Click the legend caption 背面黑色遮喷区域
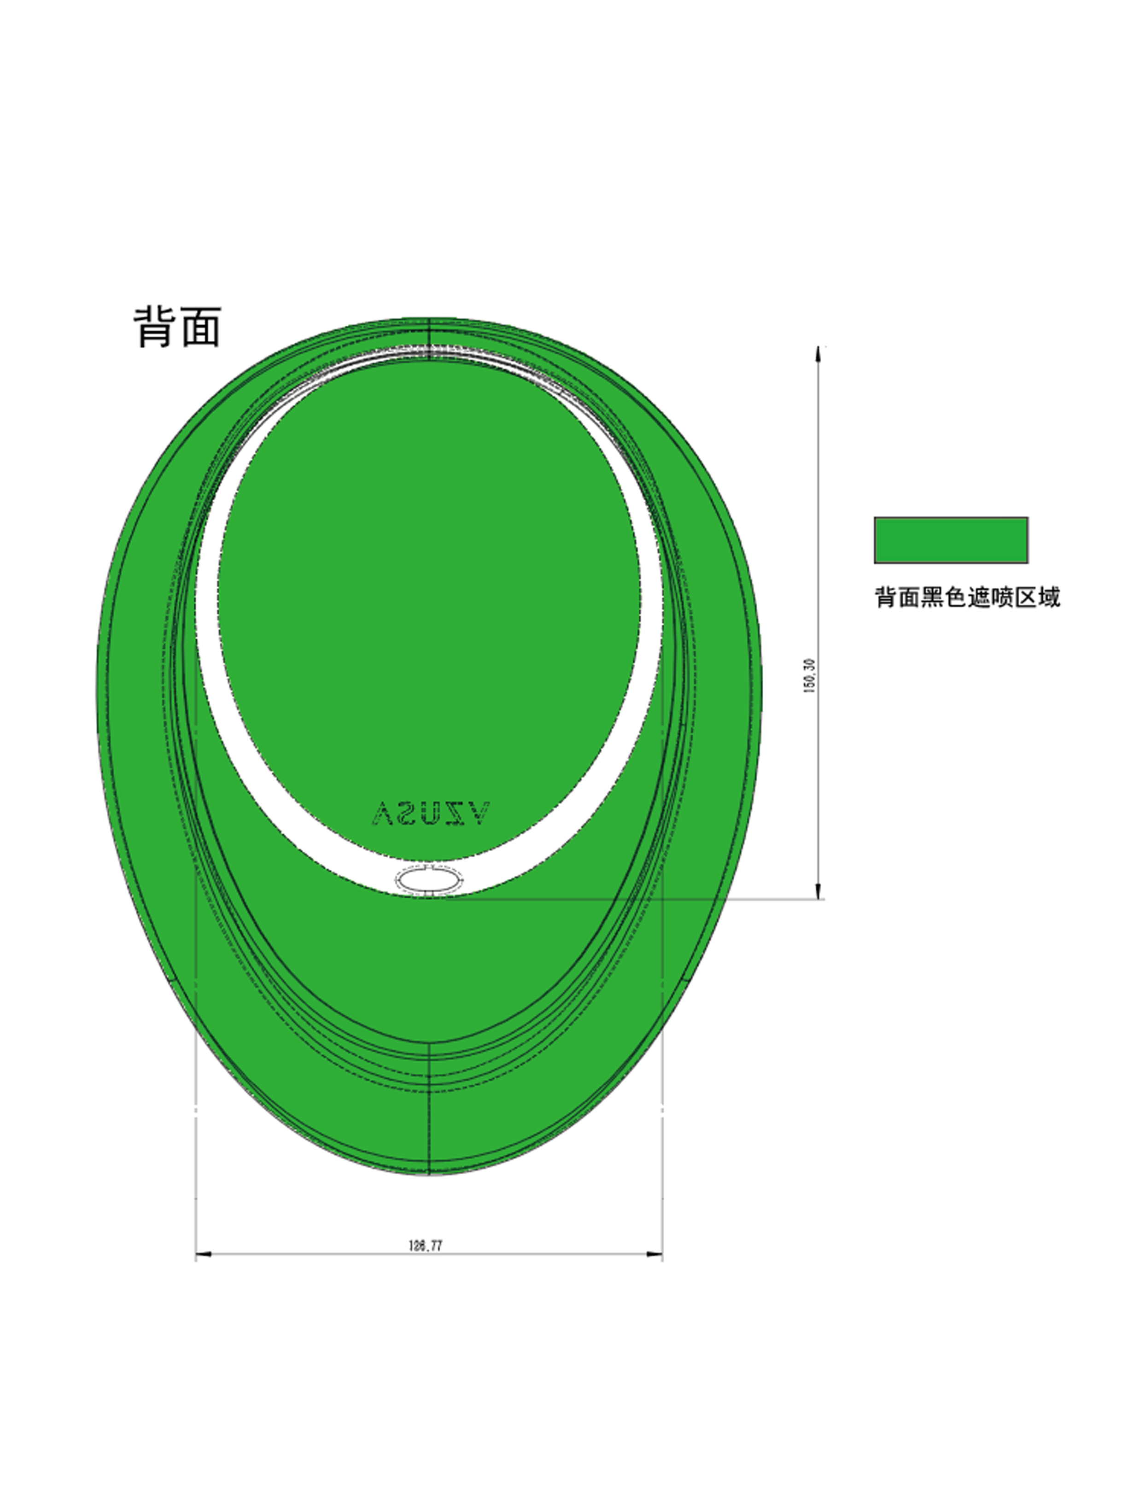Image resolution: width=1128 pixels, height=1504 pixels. (x=966, y=597)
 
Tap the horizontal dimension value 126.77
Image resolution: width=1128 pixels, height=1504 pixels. (x=426, y=1246)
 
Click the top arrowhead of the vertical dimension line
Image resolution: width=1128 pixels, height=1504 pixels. (x=818, y=354)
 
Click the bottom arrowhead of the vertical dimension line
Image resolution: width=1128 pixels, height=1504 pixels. (x=818, y=891)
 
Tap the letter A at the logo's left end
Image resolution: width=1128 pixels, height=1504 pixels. (x=383, y=814)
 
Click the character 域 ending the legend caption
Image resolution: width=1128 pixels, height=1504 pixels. (x=1049, y=597)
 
